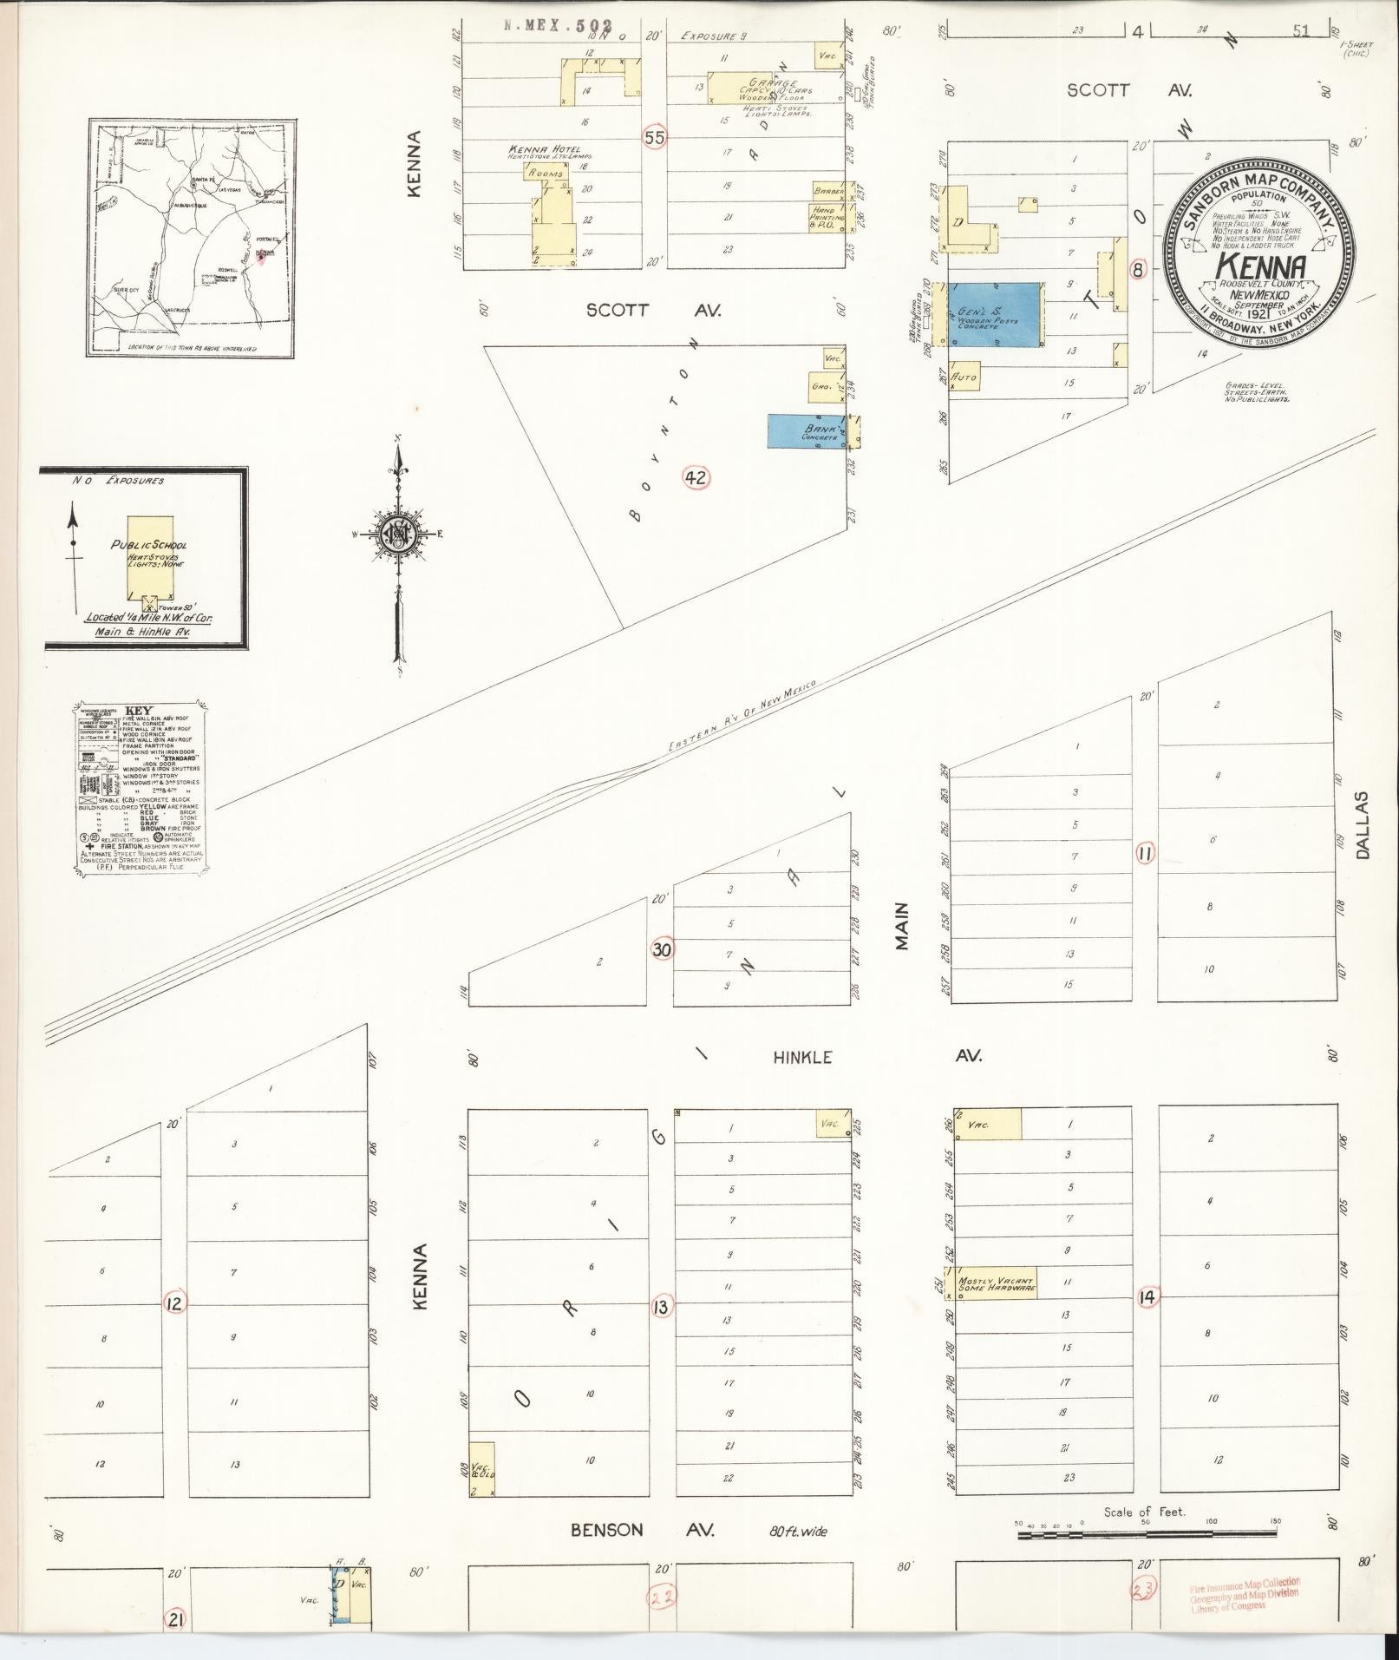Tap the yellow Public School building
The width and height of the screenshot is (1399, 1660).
pos(157,556)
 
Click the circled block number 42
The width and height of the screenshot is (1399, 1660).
pos(696,477)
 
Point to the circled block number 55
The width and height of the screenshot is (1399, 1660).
pos(655,137)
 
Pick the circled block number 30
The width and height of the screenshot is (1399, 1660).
pos(662,949)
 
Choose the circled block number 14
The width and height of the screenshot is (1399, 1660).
pos(1149,1297)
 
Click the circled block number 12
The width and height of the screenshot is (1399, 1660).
pos(174,1302)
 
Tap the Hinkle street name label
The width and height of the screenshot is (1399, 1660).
pos(802,1057)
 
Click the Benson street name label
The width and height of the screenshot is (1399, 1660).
pos(607,1531)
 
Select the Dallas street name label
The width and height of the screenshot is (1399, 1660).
pos(1363,824)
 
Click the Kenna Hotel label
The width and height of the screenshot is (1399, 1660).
pos(546,150)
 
